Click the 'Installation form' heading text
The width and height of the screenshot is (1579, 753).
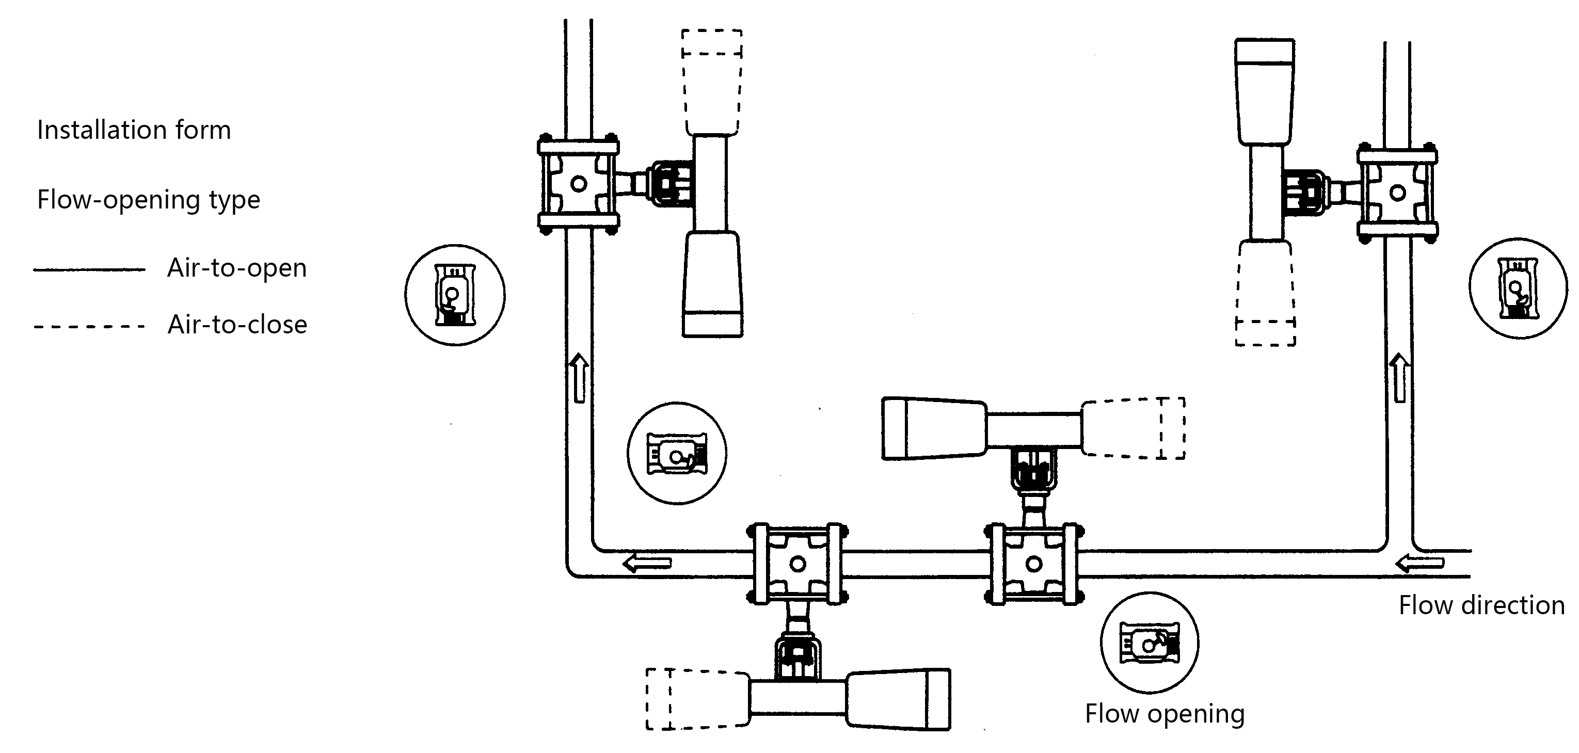(134, 131)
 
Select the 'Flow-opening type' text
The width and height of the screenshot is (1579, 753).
(148, 200)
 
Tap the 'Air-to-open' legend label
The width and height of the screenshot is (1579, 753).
(236, 268)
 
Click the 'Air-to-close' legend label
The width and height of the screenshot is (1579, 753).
(237, 325)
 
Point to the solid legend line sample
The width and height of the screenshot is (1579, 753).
(89, 269)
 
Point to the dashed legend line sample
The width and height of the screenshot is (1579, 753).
(89, 327)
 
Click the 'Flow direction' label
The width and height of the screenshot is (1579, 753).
(1481, 605)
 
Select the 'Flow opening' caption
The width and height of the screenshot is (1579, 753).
(1164, 714)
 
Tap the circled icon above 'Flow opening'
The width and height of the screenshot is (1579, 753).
(1150, 643)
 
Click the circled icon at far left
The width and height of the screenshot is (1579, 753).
(455, 295)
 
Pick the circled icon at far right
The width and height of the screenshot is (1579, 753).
(1518, 288)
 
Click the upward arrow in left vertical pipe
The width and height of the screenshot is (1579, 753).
(579, 377)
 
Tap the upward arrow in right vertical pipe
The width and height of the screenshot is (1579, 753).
(1399, 377)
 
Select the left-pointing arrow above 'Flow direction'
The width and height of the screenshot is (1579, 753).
(1419, 563)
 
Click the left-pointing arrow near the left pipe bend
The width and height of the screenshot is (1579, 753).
(647, 563)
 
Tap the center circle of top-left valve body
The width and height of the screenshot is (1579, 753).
(579, 183)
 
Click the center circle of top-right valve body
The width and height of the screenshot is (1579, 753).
(1398, 193)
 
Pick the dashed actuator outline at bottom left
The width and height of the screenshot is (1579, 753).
(697, 699)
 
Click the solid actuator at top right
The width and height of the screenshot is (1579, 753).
(1265, 92)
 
